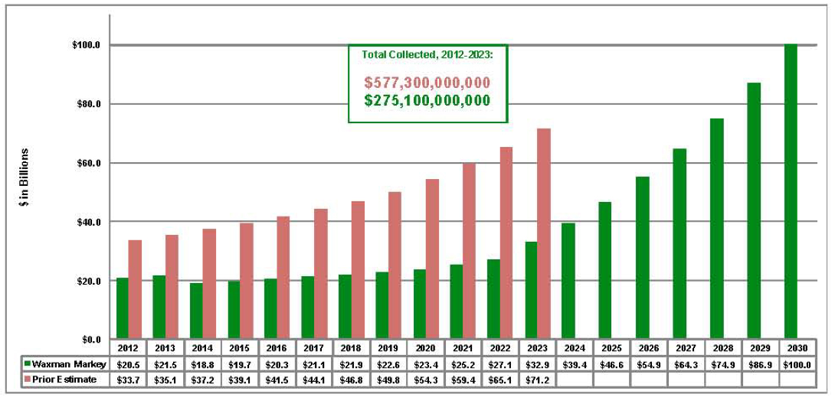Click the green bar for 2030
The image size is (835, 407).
(x=791, y=191)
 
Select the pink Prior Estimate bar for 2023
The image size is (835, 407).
(x=544, y=234)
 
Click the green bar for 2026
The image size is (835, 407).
(x=642, y=258)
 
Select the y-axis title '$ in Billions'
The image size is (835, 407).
(x=25, y=178)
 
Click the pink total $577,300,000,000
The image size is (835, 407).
(x=427, y=82)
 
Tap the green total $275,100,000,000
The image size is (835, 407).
(x=427, y=100)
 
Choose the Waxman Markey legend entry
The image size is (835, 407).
(x=66, y=364)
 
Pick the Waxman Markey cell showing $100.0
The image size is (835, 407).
(x=797, y=364)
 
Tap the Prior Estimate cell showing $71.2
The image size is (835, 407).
(x=536, y=379)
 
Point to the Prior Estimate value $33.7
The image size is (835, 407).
(x=129, y=379)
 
